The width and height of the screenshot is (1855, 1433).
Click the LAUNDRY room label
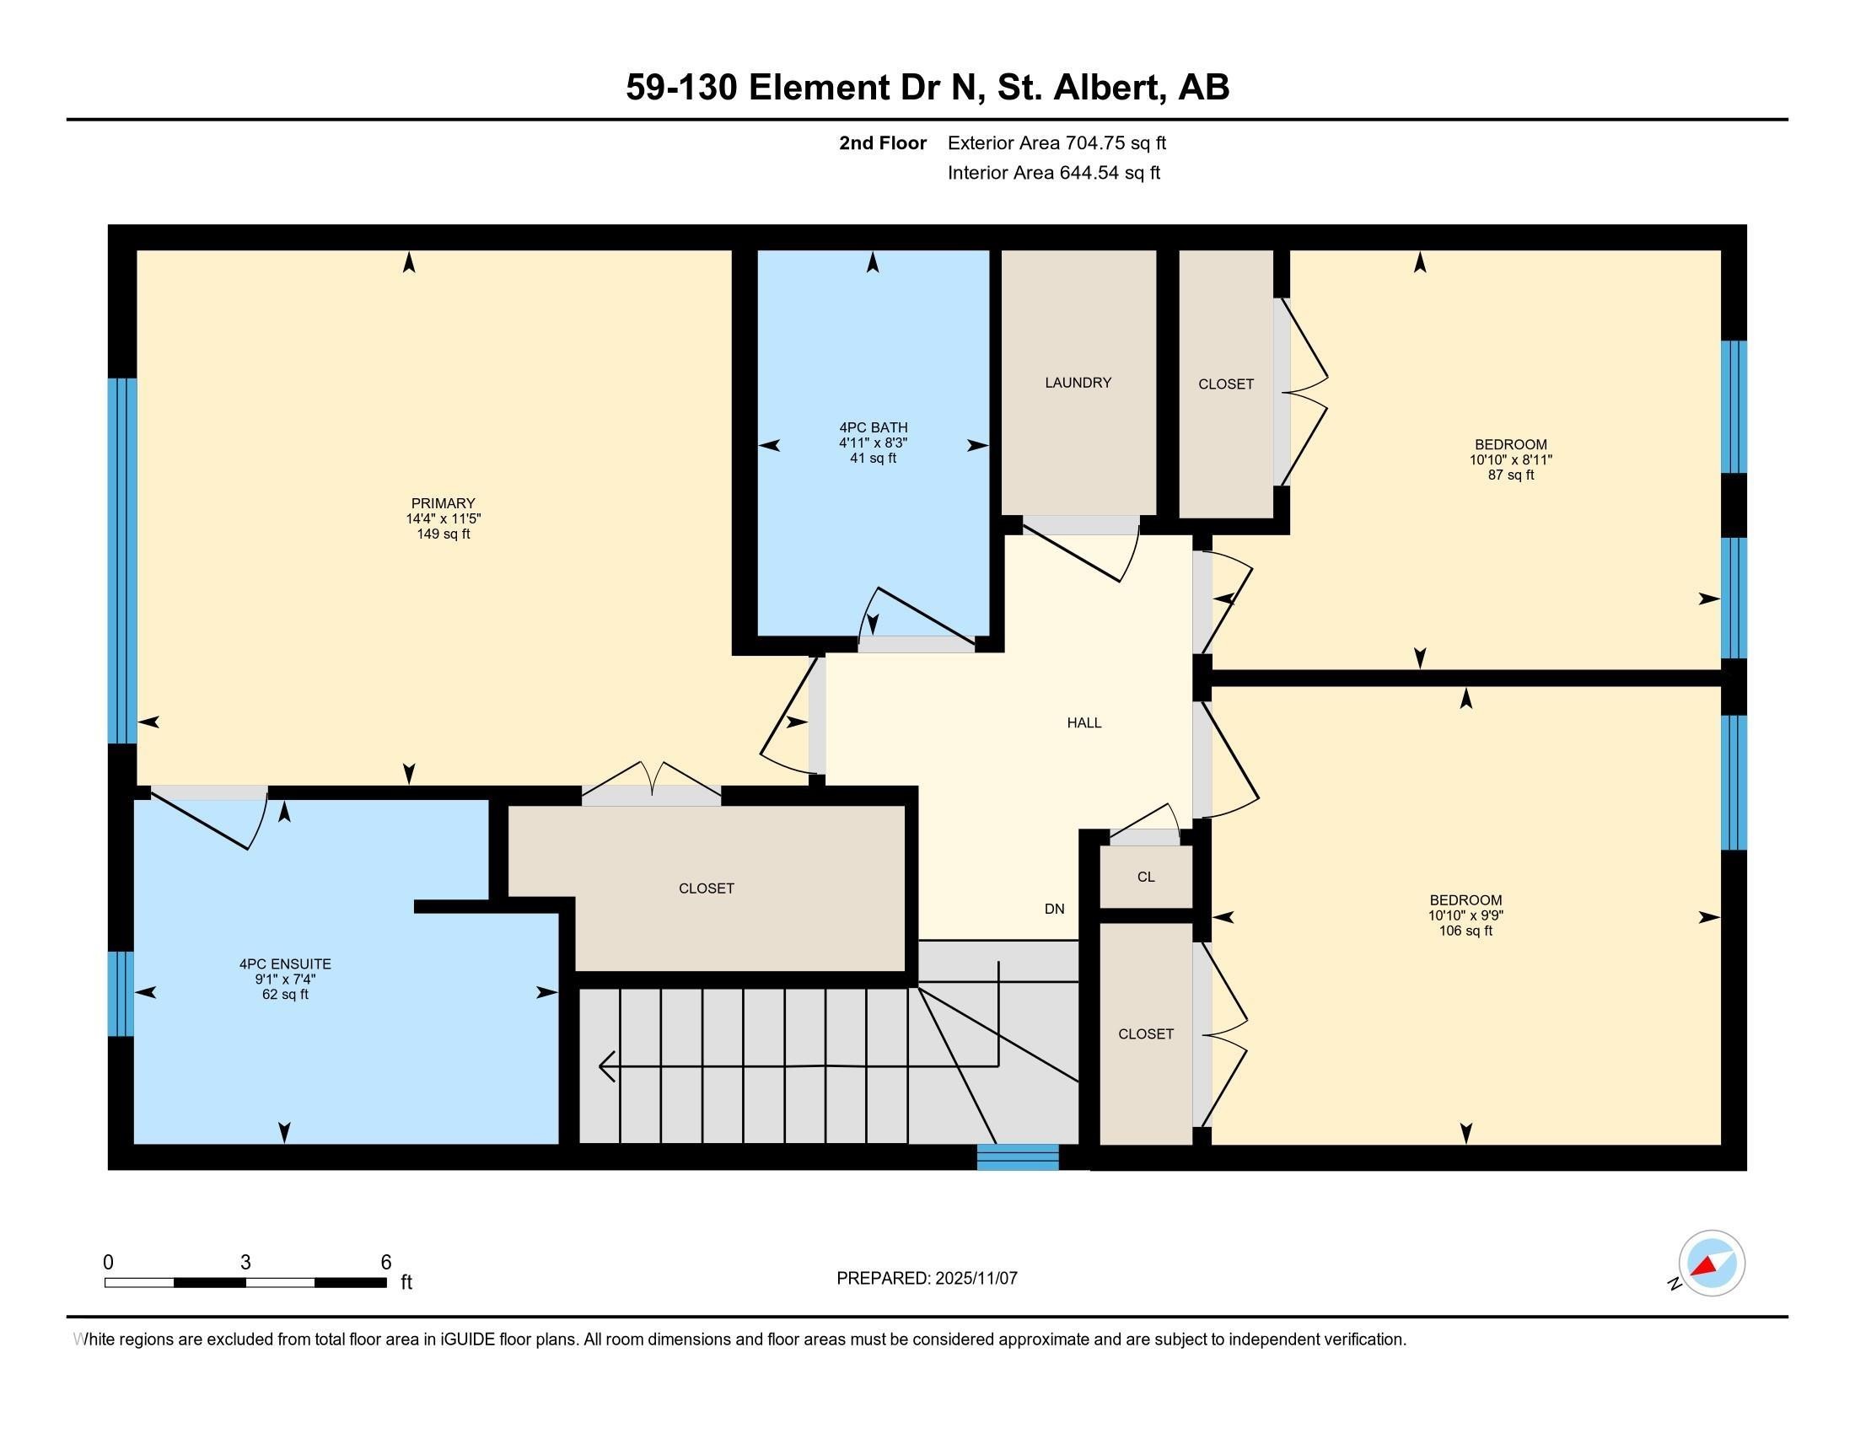1077,383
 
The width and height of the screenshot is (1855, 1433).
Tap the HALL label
1083,722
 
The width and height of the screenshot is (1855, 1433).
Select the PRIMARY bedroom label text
443,503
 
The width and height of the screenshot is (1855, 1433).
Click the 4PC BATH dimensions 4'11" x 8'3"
874,443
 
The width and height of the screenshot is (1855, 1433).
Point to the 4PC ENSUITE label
284,963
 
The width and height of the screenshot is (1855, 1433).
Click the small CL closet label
1145,877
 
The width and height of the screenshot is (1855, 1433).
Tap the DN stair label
1054,909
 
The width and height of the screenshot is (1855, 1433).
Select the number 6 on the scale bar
385,1262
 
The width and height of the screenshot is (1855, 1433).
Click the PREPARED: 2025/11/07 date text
927,1278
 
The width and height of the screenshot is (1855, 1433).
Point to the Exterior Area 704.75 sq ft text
1057,142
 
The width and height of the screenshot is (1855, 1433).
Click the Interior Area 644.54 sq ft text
1053,173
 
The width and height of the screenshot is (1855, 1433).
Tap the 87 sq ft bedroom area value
1510,475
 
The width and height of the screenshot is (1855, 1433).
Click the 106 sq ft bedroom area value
1465,931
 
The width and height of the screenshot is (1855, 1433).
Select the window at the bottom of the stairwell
1018,1157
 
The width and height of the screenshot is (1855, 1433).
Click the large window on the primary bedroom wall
122,561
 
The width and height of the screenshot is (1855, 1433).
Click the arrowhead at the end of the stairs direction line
606,1066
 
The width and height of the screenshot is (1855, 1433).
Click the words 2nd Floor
882,142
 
